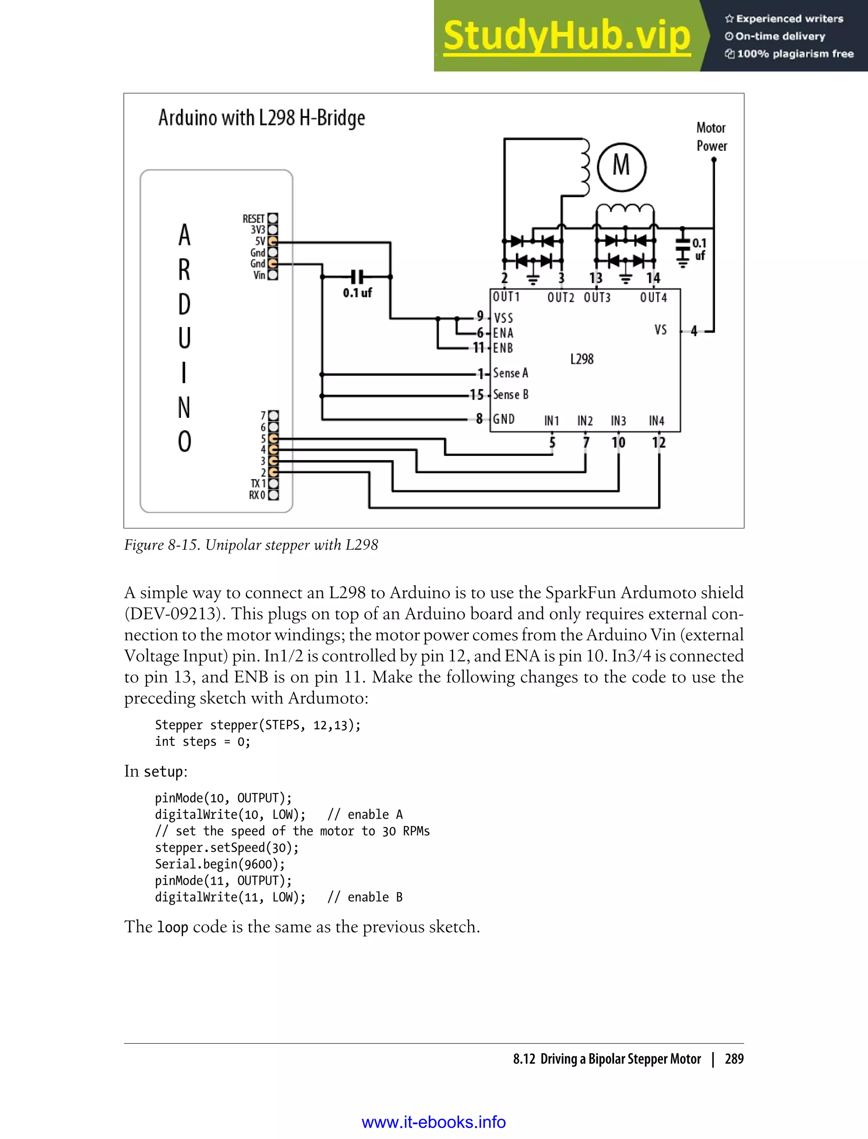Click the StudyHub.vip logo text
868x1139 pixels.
pyautogui.click(x=567, y=36)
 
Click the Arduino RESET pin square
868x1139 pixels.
pyautogui.click(x=273, y=219)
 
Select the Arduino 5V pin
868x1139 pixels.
pyautogui.click(x=273, y=241)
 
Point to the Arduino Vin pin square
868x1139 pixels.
pyautogui.click(x=273, y=275)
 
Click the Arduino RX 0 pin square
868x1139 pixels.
pyautogui.click(x=273, y=495)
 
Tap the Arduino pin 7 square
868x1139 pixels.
pyautogui.click(x=273, y=415)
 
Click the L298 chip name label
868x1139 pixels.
pyautogui.click(x=582, y=359)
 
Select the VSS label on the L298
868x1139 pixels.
pyautogui.click(x=503, y=318)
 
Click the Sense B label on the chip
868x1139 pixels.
pyautogui.click(x=510, y=394)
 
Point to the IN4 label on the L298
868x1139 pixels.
pyautogui.click(x=656, y=421)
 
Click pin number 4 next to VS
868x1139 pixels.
pyautogui.click(x=694, y=331)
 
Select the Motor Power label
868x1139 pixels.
pyautogui.click(x=712, y=137)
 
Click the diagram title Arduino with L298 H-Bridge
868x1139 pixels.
pyautogui.click(x=262, y=118)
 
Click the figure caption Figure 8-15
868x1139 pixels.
pyautogui.click(x=251, y=545)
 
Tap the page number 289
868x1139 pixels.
pyautogui.click(x=734, y=1059)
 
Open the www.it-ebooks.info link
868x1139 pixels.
pyautogui.click(x=434, y=1122)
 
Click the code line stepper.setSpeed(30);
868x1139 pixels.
pyautogui.click(x=227, y=847)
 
